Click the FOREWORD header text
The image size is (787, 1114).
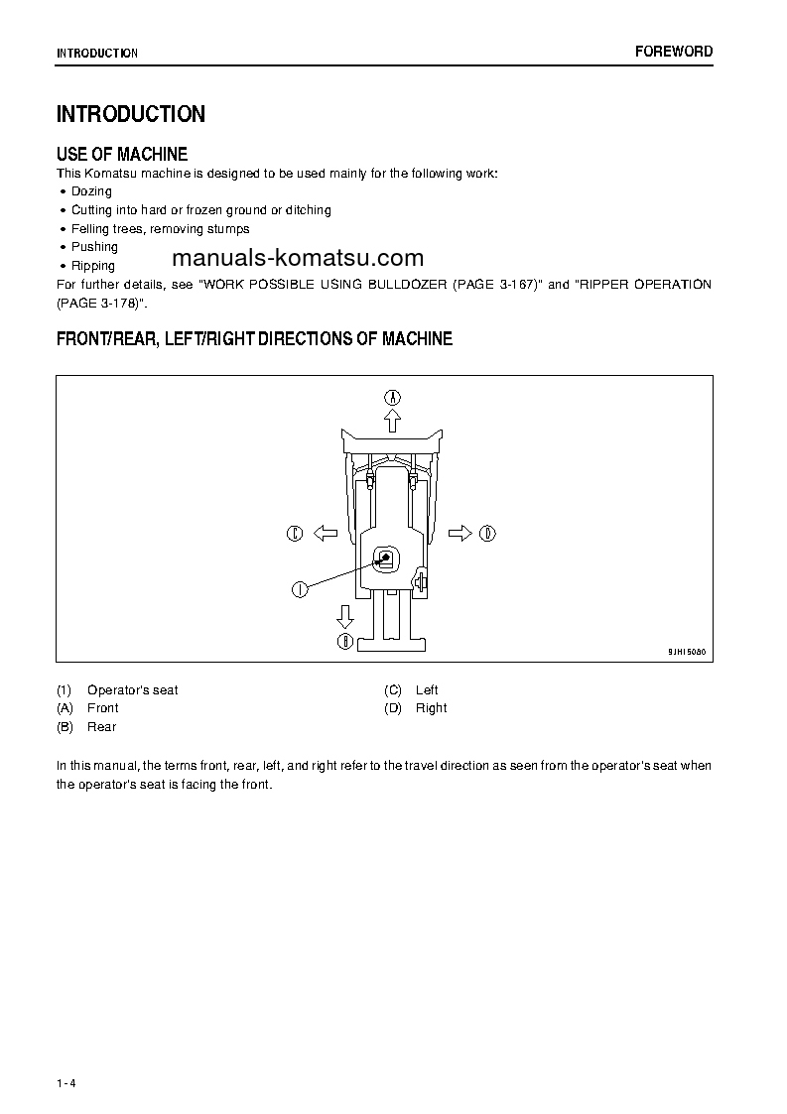[x=674, y=52]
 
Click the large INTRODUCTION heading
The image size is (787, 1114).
[x=131, y=114]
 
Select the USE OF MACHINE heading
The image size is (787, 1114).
[x=122, y=154]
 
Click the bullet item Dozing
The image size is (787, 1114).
[x=91, y=191]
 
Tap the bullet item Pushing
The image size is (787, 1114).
[x=94, y=247]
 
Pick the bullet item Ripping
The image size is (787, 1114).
[x=93, y=266]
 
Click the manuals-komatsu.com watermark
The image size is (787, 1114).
[x=298, y=259]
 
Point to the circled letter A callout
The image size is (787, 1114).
[x=393, y=397]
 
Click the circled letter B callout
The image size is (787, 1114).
[x=345, y=642]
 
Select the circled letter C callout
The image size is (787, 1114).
[x=295, y=534]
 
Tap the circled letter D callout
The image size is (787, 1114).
[x=487, y=534]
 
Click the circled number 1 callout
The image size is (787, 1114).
[x=299, y=589]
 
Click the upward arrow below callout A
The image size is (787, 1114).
[x=393, y=421]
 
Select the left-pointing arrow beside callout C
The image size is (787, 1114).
[x=326, y=534]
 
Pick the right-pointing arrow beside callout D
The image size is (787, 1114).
[x=459, y=534]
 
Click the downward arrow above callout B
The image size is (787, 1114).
[x=345, y=616]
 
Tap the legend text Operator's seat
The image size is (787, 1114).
[x=133, y=690]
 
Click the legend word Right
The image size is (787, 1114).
[x=432, y=708]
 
